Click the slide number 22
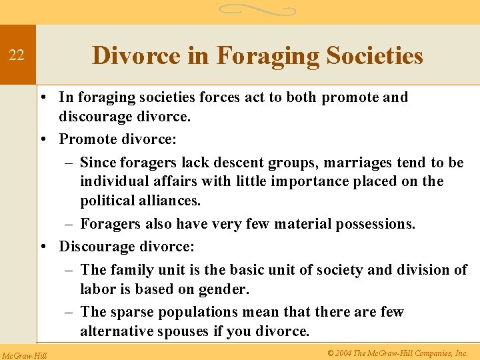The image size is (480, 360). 17,56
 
